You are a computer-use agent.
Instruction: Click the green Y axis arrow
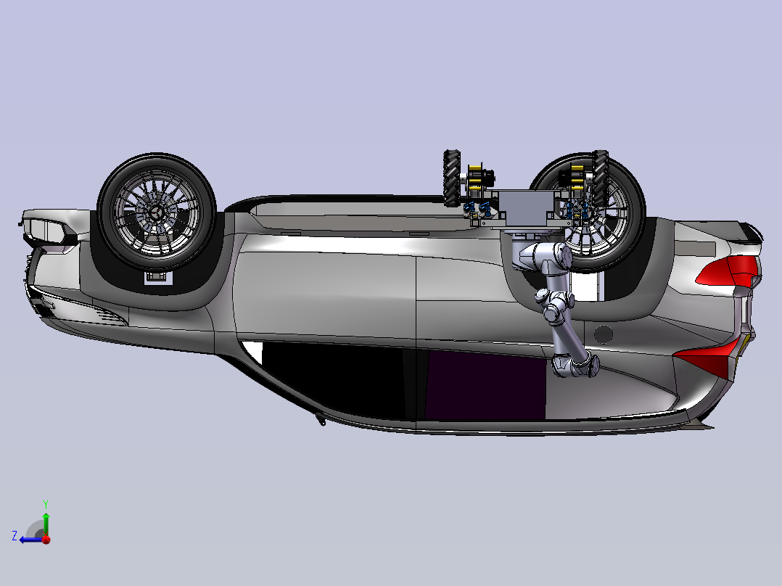click(x=46, y=524)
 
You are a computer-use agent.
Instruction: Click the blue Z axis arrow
click(x=31, y=540)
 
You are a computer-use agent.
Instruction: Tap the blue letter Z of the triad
click(x=15, y=536)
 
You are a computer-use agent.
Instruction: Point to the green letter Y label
click(x=46, y=504)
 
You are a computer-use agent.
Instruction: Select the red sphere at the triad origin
click(x=46, y=540)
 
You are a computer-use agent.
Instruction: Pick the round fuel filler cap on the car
click(x=604, y=334)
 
